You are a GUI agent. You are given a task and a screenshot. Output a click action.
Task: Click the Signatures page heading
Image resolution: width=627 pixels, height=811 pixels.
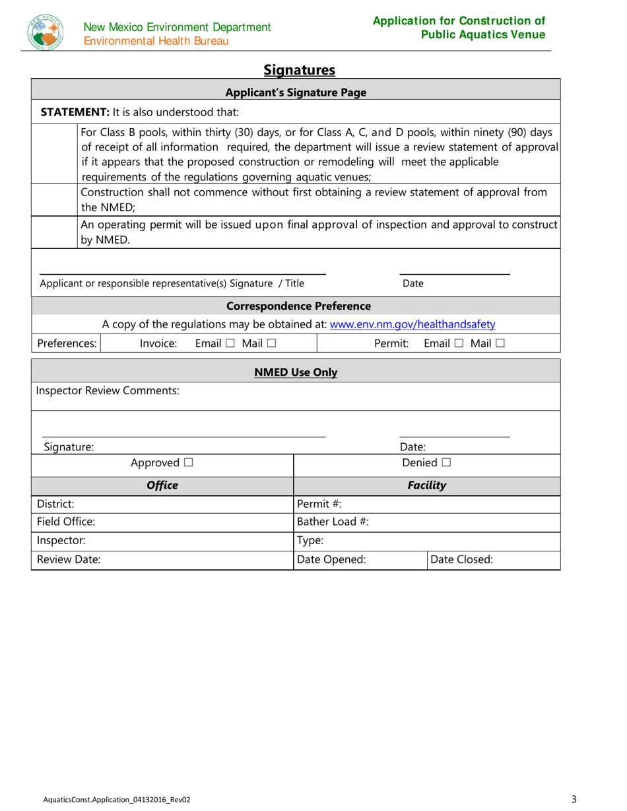(300, 69)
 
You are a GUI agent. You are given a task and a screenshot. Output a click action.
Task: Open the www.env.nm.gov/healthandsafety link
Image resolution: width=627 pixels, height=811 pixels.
(412, 324)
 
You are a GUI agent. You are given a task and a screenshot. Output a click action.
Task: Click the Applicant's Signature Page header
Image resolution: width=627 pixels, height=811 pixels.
(296, 93)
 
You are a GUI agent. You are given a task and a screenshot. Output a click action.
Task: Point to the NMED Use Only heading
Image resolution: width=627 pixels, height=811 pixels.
(296, 372)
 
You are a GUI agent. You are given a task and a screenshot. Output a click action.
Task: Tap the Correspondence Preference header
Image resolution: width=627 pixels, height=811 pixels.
(298, 306)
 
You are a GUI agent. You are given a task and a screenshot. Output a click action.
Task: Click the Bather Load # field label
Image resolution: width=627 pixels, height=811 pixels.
(333, 522)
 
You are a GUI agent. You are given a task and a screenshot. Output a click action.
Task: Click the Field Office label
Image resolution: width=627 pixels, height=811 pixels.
(66, 522)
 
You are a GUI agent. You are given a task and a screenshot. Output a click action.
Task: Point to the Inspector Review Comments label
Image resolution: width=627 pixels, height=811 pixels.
(108, 390)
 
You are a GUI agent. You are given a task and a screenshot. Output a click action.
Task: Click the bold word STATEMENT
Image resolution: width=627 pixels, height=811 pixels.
(71, 112)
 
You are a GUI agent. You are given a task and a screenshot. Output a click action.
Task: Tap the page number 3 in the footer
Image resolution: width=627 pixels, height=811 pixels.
(574, 799)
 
